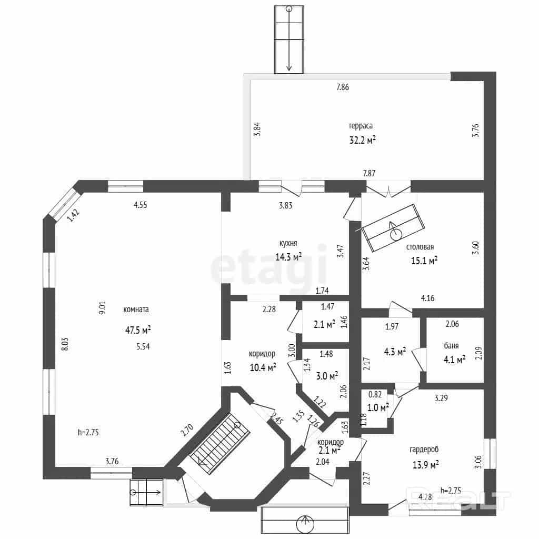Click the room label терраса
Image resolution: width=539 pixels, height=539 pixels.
360,126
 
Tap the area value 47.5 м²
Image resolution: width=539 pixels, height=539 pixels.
138,331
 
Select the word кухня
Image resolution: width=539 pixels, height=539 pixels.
288,243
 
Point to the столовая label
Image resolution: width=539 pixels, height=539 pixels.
420,247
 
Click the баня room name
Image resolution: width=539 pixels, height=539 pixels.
451,346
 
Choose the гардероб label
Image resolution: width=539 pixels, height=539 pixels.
424,450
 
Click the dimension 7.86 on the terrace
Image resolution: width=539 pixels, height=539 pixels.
342,87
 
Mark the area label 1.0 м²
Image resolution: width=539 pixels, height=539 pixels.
378,408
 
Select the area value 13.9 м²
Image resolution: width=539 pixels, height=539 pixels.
425,465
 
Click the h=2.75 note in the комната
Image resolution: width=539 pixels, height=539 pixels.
88,433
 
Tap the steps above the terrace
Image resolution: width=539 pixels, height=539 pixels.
289,39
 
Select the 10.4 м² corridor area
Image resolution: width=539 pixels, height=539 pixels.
263,368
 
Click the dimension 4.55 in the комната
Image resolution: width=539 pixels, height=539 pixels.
140,205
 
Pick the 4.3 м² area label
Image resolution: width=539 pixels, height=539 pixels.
395,352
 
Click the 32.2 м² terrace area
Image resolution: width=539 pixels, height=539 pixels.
362,140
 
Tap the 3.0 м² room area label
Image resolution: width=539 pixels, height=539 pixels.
326,376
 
